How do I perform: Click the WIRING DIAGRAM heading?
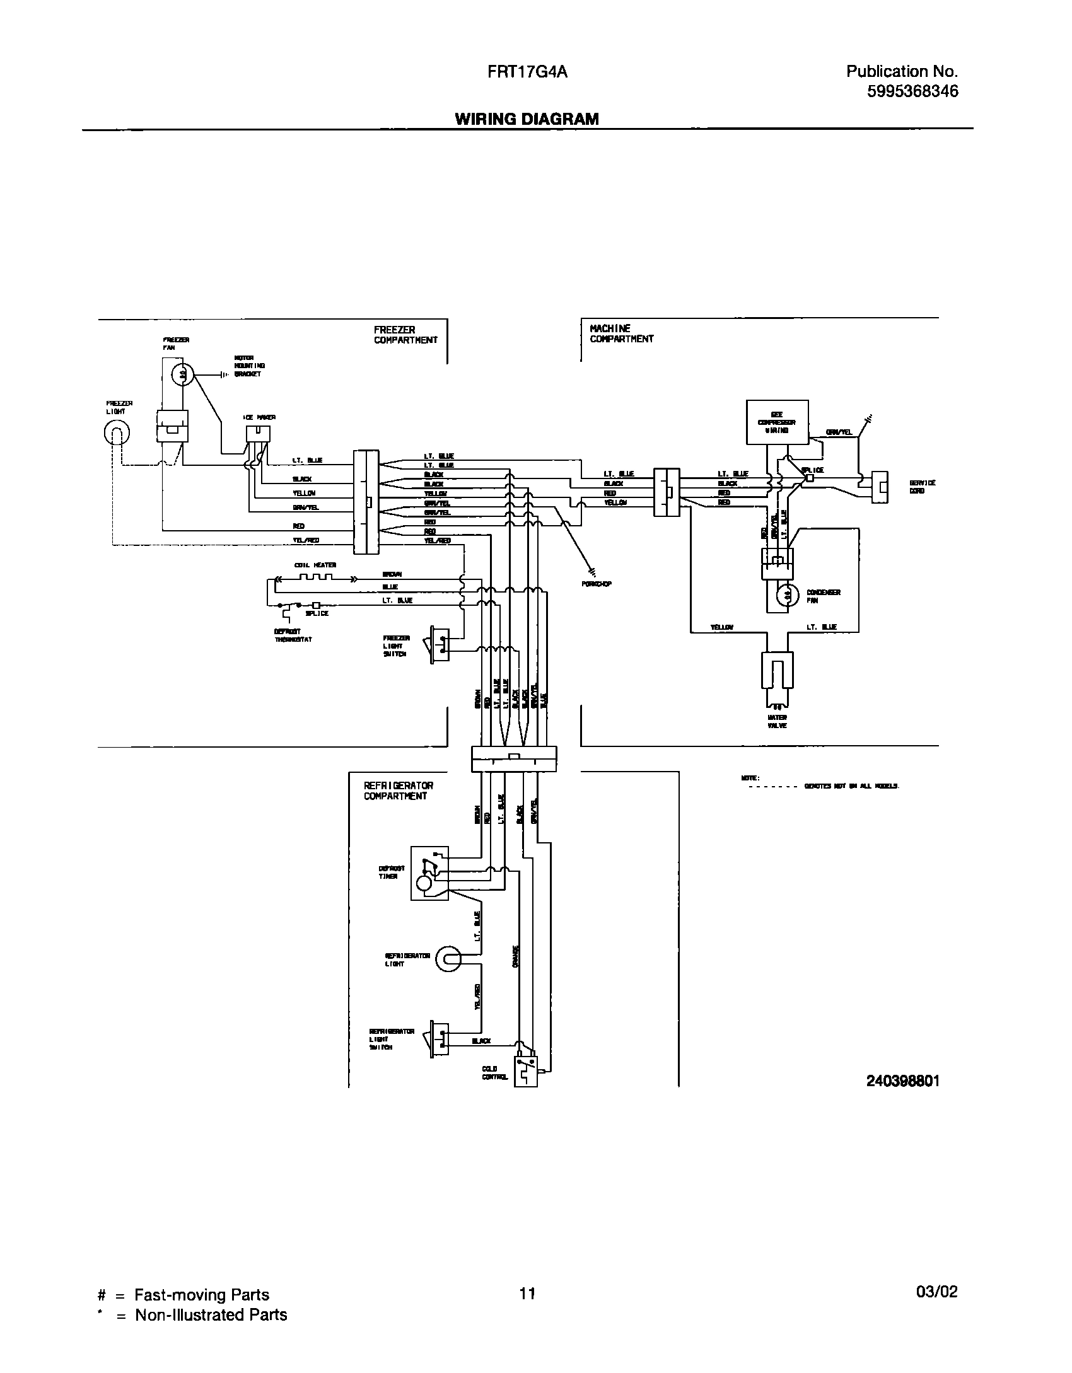click(527, 119)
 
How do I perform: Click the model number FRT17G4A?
click(527, 72)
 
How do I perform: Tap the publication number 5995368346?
click(912, 92)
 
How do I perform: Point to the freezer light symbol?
click(117, 433)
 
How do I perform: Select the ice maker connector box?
click(258, 434)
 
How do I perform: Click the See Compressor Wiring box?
click(777, 422)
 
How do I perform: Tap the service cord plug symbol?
click(879, 487)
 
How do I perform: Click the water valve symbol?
click(777, 669)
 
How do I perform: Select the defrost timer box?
click(429, 873)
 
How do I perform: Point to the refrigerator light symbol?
click(448, 959)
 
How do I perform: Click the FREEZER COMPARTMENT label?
click(405, 335)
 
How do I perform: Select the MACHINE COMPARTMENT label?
click(621, 333)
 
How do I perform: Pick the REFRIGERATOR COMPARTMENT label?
click(398, 791)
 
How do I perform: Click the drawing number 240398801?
click(903, 1080)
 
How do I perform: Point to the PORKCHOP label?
click(596, 584)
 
